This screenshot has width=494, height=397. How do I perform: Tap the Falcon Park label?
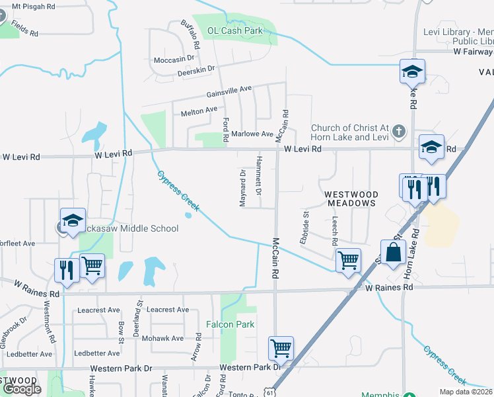[x=230, y=324]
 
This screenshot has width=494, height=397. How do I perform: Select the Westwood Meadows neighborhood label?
[x=351, y=198]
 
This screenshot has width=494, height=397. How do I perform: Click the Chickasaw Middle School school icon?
[x=73, y=220]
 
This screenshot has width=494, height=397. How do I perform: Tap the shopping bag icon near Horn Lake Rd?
[x=393, y=252]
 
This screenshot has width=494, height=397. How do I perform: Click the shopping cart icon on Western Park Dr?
[x=281, y=347]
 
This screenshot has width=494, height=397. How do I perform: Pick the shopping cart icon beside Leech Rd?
[x=347, y=260]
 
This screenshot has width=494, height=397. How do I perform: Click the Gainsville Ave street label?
[x=229, y=89]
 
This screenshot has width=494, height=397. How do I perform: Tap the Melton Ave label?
[x=199, y=110]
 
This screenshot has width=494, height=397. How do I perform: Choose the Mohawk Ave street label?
[x=168, y=338]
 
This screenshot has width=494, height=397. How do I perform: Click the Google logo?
[x=22, y=389]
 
